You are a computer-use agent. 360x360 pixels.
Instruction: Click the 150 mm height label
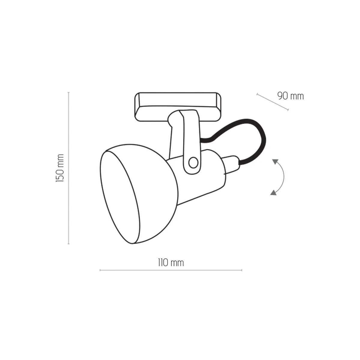(x=60, y=168)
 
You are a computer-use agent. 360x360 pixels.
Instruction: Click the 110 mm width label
(x=171, y=263)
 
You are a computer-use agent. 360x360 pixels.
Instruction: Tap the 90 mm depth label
(x=290, y=96)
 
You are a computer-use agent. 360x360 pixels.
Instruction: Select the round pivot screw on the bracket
(x=193, y=163)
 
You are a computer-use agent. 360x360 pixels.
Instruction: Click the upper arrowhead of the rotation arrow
(x=275, y=162)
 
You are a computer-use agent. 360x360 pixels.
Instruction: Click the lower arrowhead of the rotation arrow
(x=273, y=192)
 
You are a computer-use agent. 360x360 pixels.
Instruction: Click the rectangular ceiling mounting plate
(x=178, y=106)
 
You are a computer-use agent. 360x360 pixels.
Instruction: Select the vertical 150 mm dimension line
(x=69, y=168)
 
